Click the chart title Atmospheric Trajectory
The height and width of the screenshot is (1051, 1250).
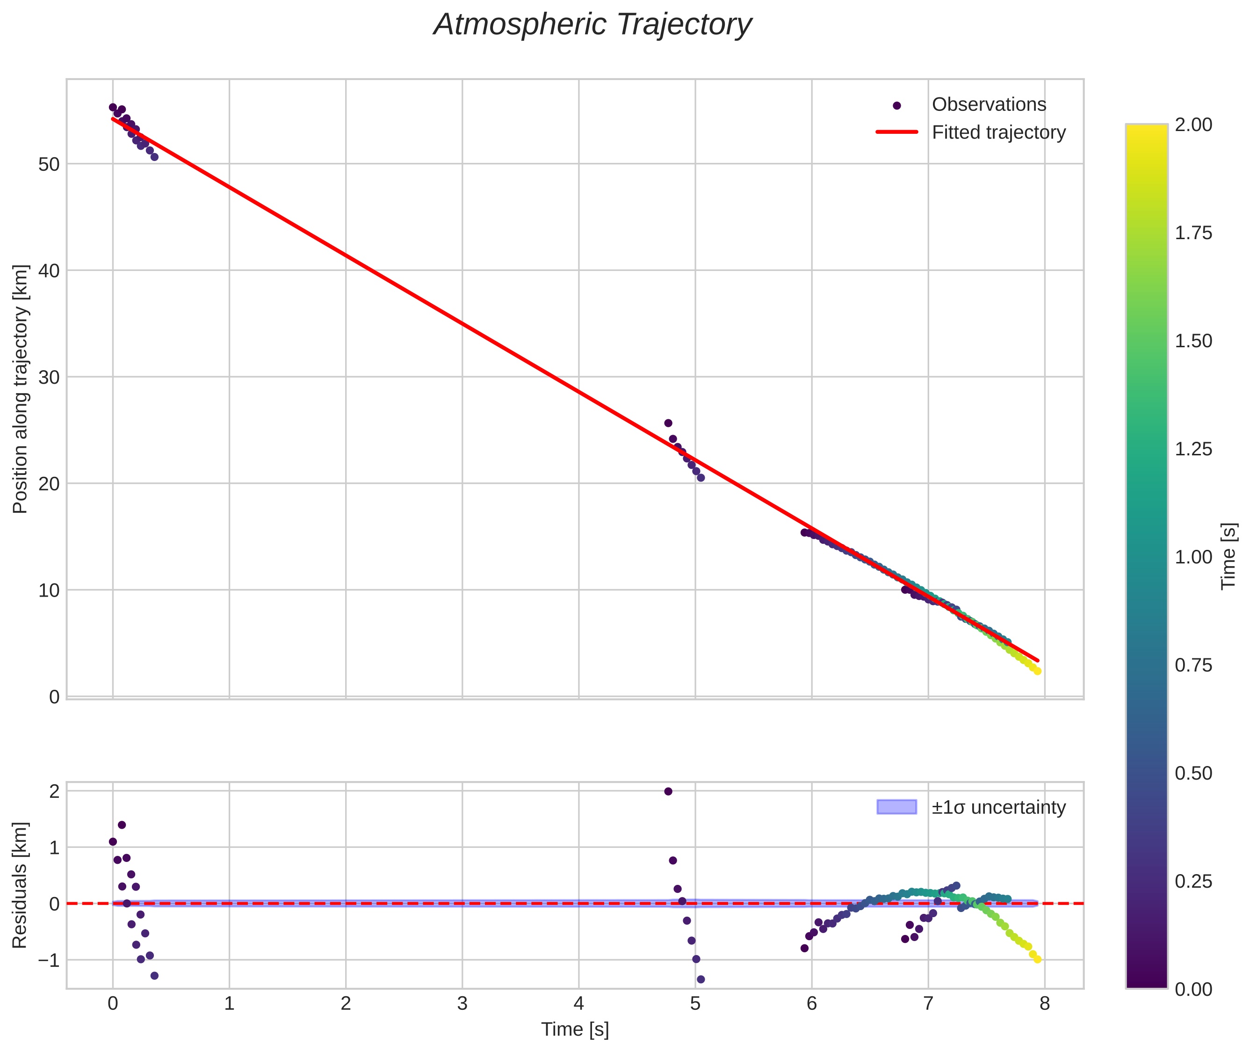pyautogui.click(x=592, y=25)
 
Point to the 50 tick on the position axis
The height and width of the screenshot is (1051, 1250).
pyautogui.click(x=49, y=164)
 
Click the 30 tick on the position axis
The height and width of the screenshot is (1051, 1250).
pyautogui.click(x=49, y=377)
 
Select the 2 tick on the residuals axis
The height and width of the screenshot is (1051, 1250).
pyautogui.click(x=54, y=792)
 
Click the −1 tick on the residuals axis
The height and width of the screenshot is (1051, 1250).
pyautogui.click(x=49, y=960)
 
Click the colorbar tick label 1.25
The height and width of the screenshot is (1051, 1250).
pyautogui.click(x=1193, y=449)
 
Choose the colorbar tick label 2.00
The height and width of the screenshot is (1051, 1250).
pyautogui.click(x=1193, y=124)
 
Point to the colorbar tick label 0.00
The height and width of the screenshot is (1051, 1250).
pyautogui.click(x=1193, y=990)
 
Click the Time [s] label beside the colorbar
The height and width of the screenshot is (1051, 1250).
pyautogui.click(x=1228, y=556)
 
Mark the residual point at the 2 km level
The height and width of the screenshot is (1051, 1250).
pyautogui.click(x=668, y=792)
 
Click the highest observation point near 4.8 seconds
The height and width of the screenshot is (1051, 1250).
pyautogui.click(x=668, y=423)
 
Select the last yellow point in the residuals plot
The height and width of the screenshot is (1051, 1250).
pyautogui.click(x=1037, y=960)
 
